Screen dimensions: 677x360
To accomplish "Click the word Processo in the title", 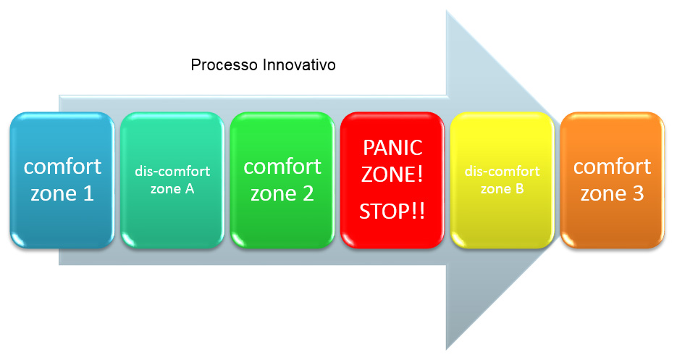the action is [x=224, y=64].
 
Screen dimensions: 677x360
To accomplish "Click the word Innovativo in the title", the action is [x=299, y=64].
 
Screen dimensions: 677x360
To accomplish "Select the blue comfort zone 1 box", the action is [x=62, y=180].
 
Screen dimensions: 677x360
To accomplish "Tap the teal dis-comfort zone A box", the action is [x=172, y=180].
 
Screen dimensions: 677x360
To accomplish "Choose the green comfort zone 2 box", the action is [x=282, y=180].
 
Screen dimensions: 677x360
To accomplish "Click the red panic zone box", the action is [x=392, y=180].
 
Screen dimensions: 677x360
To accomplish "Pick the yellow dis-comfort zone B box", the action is [x=502, y=180].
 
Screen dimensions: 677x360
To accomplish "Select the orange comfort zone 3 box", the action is [x=613, y=180].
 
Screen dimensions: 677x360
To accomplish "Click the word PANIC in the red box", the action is [x=392, y=148].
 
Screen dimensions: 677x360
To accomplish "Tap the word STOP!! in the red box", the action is [x=392, y=212].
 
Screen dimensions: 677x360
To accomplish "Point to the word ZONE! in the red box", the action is [x=392, y=175].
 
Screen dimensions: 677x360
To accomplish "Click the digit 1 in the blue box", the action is [x=88, y=193].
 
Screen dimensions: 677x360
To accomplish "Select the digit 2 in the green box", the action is [x=308, y=193].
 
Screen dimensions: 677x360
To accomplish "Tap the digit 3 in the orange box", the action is [x=638, y=193].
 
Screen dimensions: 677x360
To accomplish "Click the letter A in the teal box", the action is [x=189, y=189].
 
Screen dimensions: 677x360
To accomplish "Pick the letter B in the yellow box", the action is [x=519, y=189].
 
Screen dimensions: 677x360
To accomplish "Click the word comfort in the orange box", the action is [x=613, y=167].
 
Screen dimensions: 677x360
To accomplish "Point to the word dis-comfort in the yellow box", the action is [x=502, y=171].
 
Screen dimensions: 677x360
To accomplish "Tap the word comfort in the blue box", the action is [x=62, y=167].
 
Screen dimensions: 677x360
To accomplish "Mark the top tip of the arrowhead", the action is [x=447, y=12].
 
